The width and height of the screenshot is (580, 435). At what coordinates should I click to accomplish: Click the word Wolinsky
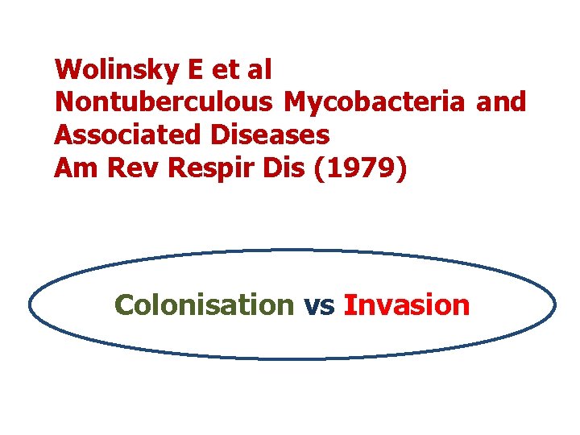click(117, 70)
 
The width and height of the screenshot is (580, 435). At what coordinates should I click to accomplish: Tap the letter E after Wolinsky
click(195, 70)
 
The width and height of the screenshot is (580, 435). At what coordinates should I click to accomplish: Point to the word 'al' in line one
click(260, 70)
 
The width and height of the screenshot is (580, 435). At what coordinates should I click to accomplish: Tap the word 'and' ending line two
click(501, 102)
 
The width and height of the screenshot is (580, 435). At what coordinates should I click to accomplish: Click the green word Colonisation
click(205, 305)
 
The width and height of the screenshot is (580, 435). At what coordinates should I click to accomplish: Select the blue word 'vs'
click(319, 306)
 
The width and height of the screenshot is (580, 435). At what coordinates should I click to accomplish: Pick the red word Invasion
click(406, 305)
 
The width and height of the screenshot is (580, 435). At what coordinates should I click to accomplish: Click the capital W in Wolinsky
click(68, 70)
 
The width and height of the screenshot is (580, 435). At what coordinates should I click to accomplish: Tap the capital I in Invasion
click(347, 305)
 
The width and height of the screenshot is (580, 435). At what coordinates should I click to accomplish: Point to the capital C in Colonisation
click(125, 305)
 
